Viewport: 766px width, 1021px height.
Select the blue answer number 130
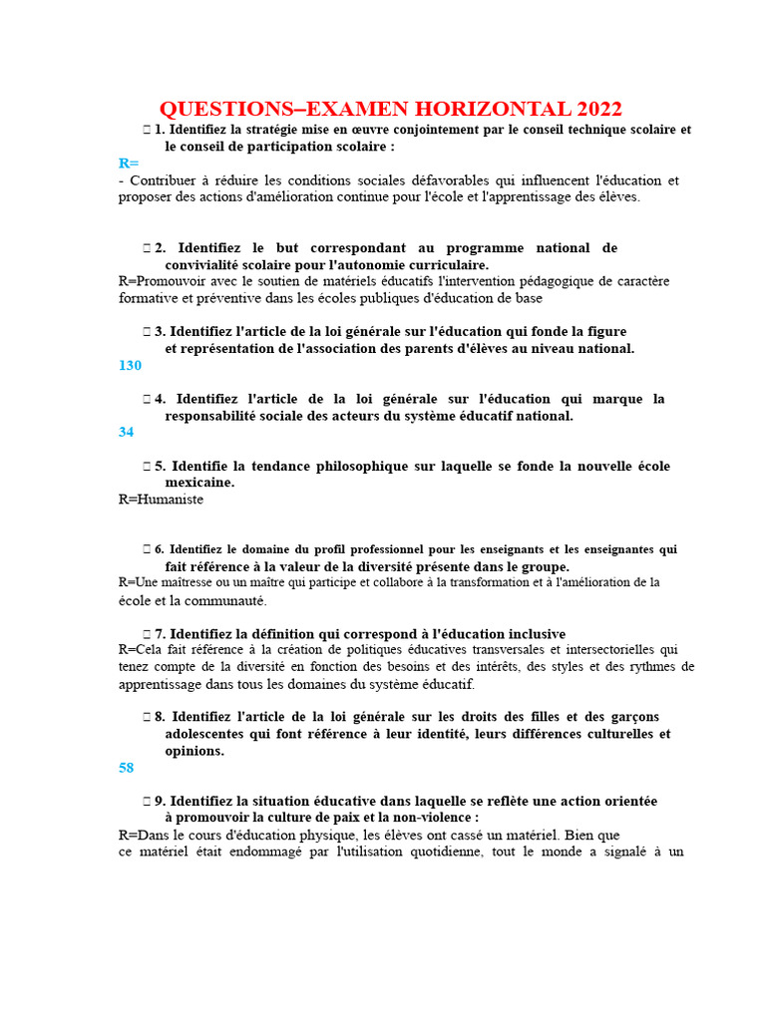tap(130, 366)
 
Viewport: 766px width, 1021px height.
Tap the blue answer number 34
tap(126, 433)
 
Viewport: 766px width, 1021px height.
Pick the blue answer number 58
tap(126, 769)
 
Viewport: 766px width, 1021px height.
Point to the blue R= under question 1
tap(129, 164)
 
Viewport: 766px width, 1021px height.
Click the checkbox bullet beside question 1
tap(147, 130)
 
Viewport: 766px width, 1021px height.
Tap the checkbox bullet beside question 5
tap(147, 466)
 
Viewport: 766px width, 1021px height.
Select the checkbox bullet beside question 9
tap(147, 801)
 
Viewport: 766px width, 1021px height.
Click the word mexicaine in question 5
tap(199, 483)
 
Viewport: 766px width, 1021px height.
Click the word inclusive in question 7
tap(535, 634)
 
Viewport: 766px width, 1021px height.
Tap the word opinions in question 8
tap(193, 751)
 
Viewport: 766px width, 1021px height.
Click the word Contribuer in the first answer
tap(165, 180)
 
